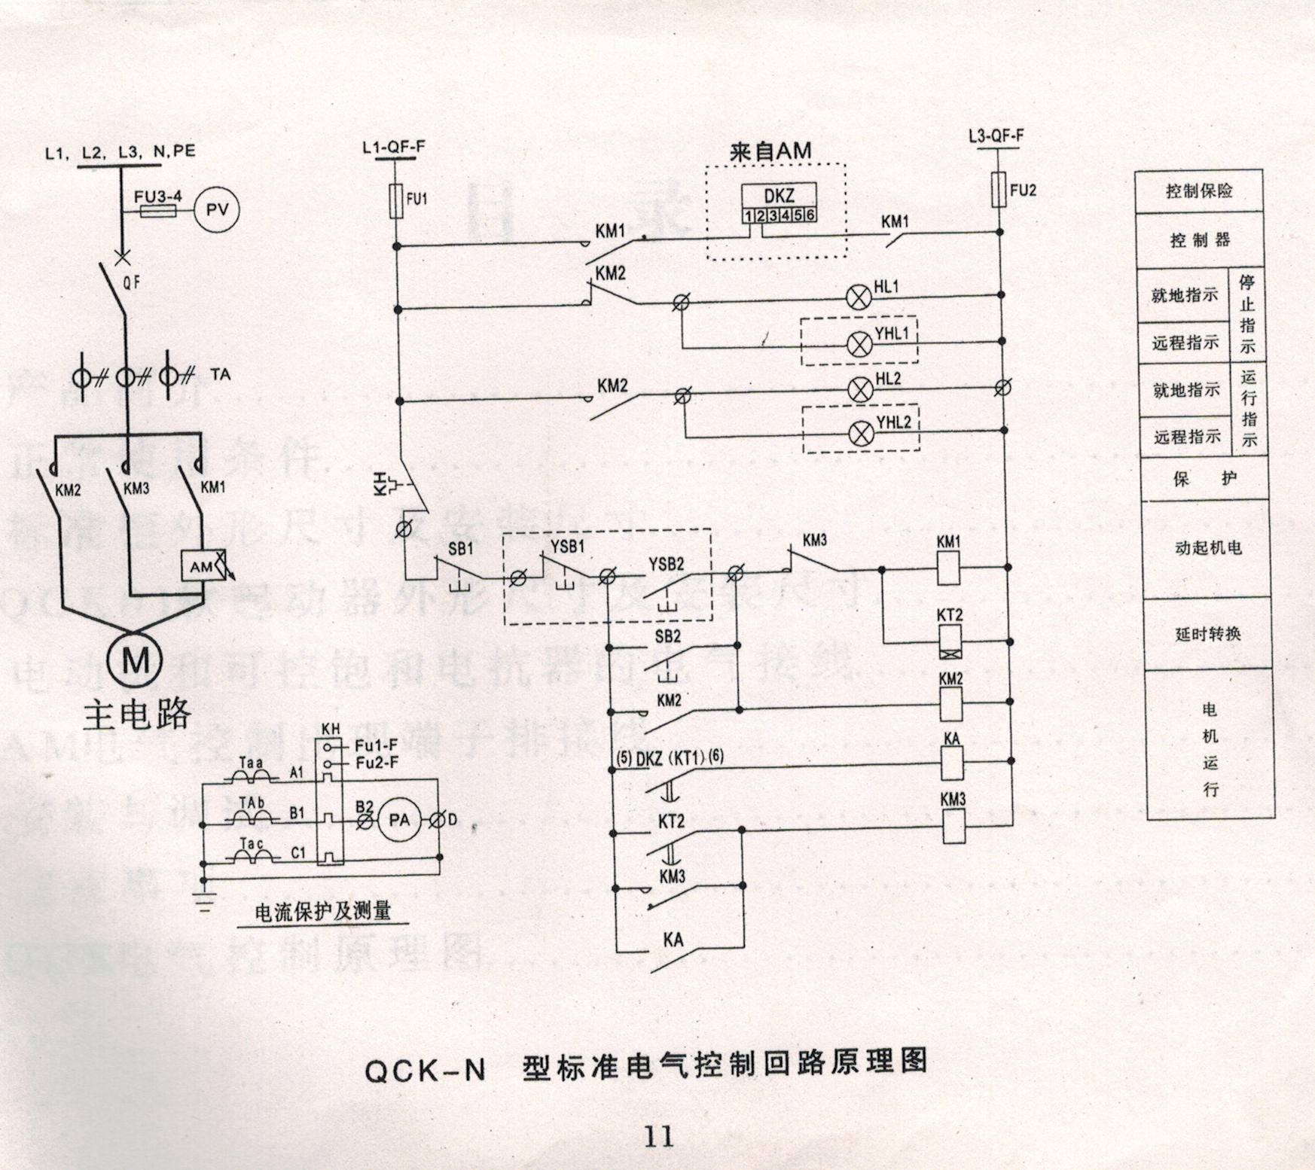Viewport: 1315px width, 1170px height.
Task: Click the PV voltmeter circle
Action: point(217,210)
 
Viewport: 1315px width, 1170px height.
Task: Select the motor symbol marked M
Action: point(135,660)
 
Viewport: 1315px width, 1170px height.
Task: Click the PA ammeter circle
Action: point(399,821)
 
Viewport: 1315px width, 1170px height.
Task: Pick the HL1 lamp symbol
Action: point(859,297)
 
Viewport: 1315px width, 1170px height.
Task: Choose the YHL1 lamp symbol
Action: point(860,344)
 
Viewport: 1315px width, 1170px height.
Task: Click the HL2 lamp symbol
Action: point(860,389)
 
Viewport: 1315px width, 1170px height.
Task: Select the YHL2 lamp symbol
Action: point(862,433)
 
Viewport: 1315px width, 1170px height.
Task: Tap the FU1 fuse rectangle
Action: point(396,201)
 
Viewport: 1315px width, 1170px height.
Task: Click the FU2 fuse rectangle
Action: point(999,188)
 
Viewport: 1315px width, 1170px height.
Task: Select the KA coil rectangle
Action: point(953,764)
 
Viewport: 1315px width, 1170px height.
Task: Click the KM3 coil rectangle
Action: point(954,827)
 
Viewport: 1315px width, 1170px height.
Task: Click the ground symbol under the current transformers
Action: point(203,896)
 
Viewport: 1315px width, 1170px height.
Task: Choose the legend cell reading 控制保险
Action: point(1199,191)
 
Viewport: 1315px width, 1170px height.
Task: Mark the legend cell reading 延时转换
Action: point(1208,634)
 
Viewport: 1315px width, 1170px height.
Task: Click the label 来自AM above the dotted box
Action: point(770,151)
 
